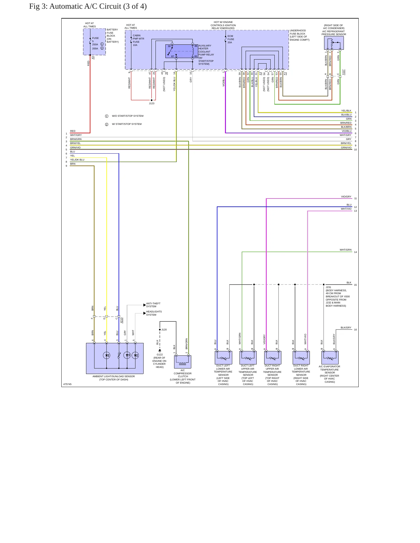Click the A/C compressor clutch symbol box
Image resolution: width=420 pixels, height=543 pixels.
183,362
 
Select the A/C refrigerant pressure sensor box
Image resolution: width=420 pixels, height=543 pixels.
334,43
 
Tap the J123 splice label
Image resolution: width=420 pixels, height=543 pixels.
152,103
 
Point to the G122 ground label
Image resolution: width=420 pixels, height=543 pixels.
160,355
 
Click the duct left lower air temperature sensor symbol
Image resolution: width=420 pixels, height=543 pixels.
223,357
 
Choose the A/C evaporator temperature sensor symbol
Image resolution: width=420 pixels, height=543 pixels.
330,357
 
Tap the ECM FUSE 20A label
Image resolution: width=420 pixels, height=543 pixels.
231,39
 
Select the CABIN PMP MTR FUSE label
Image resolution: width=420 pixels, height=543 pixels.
138,40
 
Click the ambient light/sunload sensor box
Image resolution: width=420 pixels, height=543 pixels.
115,358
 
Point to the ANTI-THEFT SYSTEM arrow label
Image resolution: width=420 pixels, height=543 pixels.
153,305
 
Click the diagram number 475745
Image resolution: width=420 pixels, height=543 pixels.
67,384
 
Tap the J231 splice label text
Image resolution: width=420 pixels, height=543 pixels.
328,287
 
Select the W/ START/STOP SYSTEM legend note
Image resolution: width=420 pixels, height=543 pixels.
127,124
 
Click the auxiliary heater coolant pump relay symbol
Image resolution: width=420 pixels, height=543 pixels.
182,51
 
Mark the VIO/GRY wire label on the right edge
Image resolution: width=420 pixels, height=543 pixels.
346,197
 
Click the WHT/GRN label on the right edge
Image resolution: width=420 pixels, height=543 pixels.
346,250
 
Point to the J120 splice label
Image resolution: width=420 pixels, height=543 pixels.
164,330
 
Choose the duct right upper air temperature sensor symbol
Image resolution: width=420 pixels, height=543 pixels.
273,357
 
